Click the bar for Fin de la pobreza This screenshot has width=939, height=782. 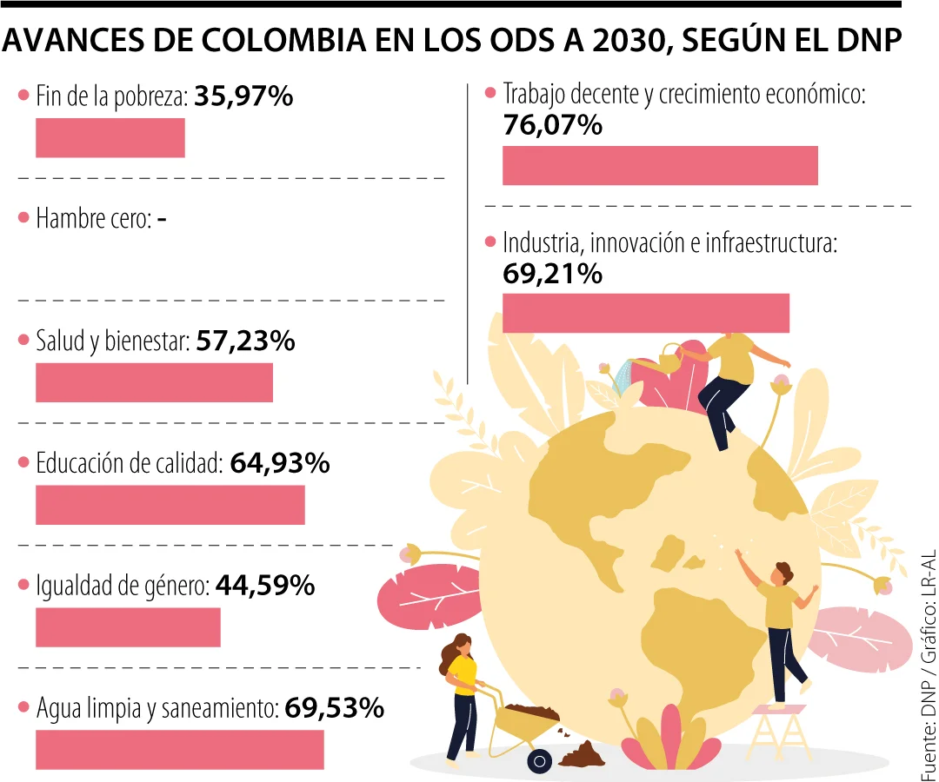[x=110, y=138]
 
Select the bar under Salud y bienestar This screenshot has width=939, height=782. [x=154, y=383]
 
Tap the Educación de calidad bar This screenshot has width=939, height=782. [x=170, y=505]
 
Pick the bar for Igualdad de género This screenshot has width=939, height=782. [x=128, y=627]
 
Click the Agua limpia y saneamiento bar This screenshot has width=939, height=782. [x=179, y=749]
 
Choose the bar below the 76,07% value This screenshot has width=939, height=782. [x=660, y=165]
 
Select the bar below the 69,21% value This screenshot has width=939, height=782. [x=645, y=313]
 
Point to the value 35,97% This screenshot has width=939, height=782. [x=243, y=96]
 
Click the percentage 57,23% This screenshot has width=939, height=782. [x=246, y=341]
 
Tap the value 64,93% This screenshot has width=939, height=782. [x=280, y=464]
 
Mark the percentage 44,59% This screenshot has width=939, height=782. [x=264, y=586]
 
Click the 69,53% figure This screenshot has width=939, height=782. [x=334, y=709]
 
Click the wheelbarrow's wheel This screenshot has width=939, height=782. [x=540, y=762]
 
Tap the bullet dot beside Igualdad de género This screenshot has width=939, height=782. [x=23, y=586]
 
